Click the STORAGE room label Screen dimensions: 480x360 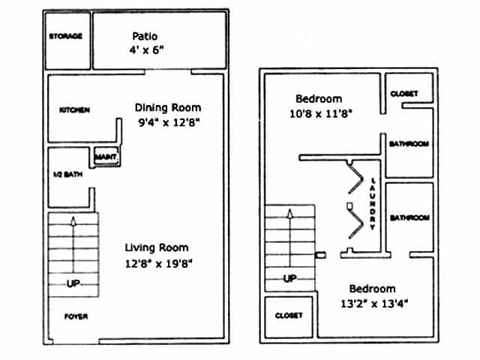[x=66, y=36]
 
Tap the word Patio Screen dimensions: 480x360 [x=145, y=36]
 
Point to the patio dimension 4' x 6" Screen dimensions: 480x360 [x=145, y=50]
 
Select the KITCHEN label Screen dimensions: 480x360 [x=74, y=110]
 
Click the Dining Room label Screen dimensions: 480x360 [x=168, y=107]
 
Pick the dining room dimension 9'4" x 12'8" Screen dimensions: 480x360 [x=168, y=121]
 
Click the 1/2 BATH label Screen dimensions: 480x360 [x=62, y=176]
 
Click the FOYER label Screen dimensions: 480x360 [x=75, y=316]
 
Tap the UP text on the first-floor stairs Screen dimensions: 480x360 [x=72, y=283]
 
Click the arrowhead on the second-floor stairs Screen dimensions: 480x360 [x=289, y=213]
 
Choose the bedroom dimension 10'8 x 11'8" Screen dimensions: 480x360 [x=319, y=113]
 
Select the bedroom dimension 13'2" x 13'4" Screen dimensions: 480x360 [x=373, y=304]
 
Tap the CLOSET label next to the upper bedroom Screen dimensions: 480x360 [x=409, y=94]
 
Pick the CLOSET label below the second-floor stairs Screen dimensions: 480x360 [x=289, y=316]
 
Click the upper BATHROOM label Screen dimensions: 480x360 [x=409, y=144]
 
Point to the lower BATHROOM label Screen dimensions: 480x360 [x=409, y=217]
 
